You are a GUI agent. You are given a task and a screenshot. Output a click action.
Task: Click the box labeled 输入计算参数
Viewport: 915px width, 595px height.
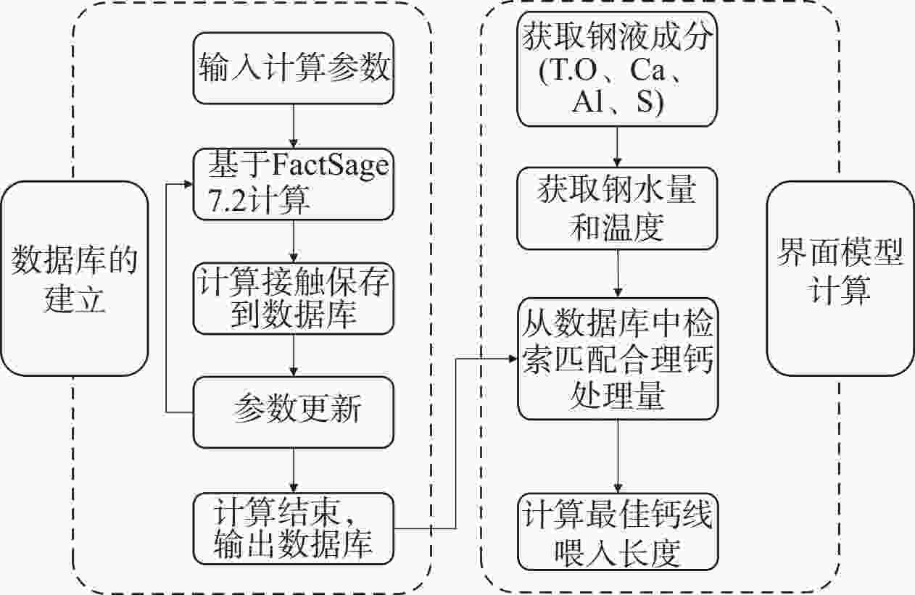click(293, 70)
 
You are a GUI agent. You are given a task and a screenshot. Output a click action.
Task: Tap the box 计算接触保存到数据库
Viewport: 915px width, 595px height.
click(293, 297)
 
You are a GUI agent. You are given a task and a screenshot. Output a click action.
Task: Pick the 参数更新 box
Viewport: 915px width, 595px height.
click(293, 412)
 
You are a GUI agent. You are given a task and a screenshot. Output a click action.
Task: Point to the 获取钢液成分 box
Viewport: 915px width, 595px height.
click(617, 70)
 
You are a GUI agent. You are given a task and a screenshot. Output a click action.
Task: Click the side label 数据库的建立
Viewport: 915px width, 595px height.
click(74, 278)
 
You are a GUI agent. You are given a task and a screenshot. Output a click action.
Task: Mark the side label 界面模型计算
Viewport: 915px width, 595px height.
click(840, 278)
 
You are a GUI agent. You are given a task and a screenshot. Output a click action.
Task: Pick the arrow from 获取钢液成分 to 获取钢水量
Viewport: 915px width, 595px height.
click(617, 149)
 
